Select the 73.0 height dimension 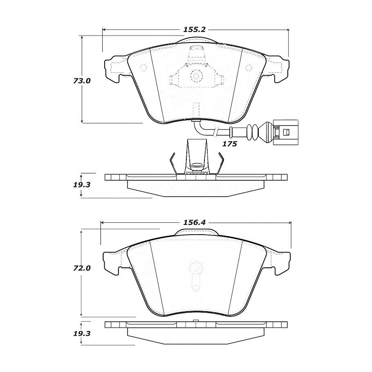click(x=82, y=81)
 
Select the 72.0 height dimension click(x=82, y=269)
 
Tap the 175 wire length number click(x=229, y=144)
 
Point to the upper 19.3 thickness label click(x=82, y=184)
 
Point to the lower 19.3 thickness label click(x=82, y=334)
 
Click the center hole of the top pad click(x=196, y=76)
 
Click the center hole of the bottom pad click(x=196, y=269)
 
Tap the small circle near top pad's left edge click(x=143, y=68)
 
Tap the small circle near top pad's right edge click(x=249, y=68)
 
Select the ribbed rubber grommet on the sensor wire click(x=252, y=132)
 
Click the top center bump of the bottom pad click(x=196, y=232)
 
